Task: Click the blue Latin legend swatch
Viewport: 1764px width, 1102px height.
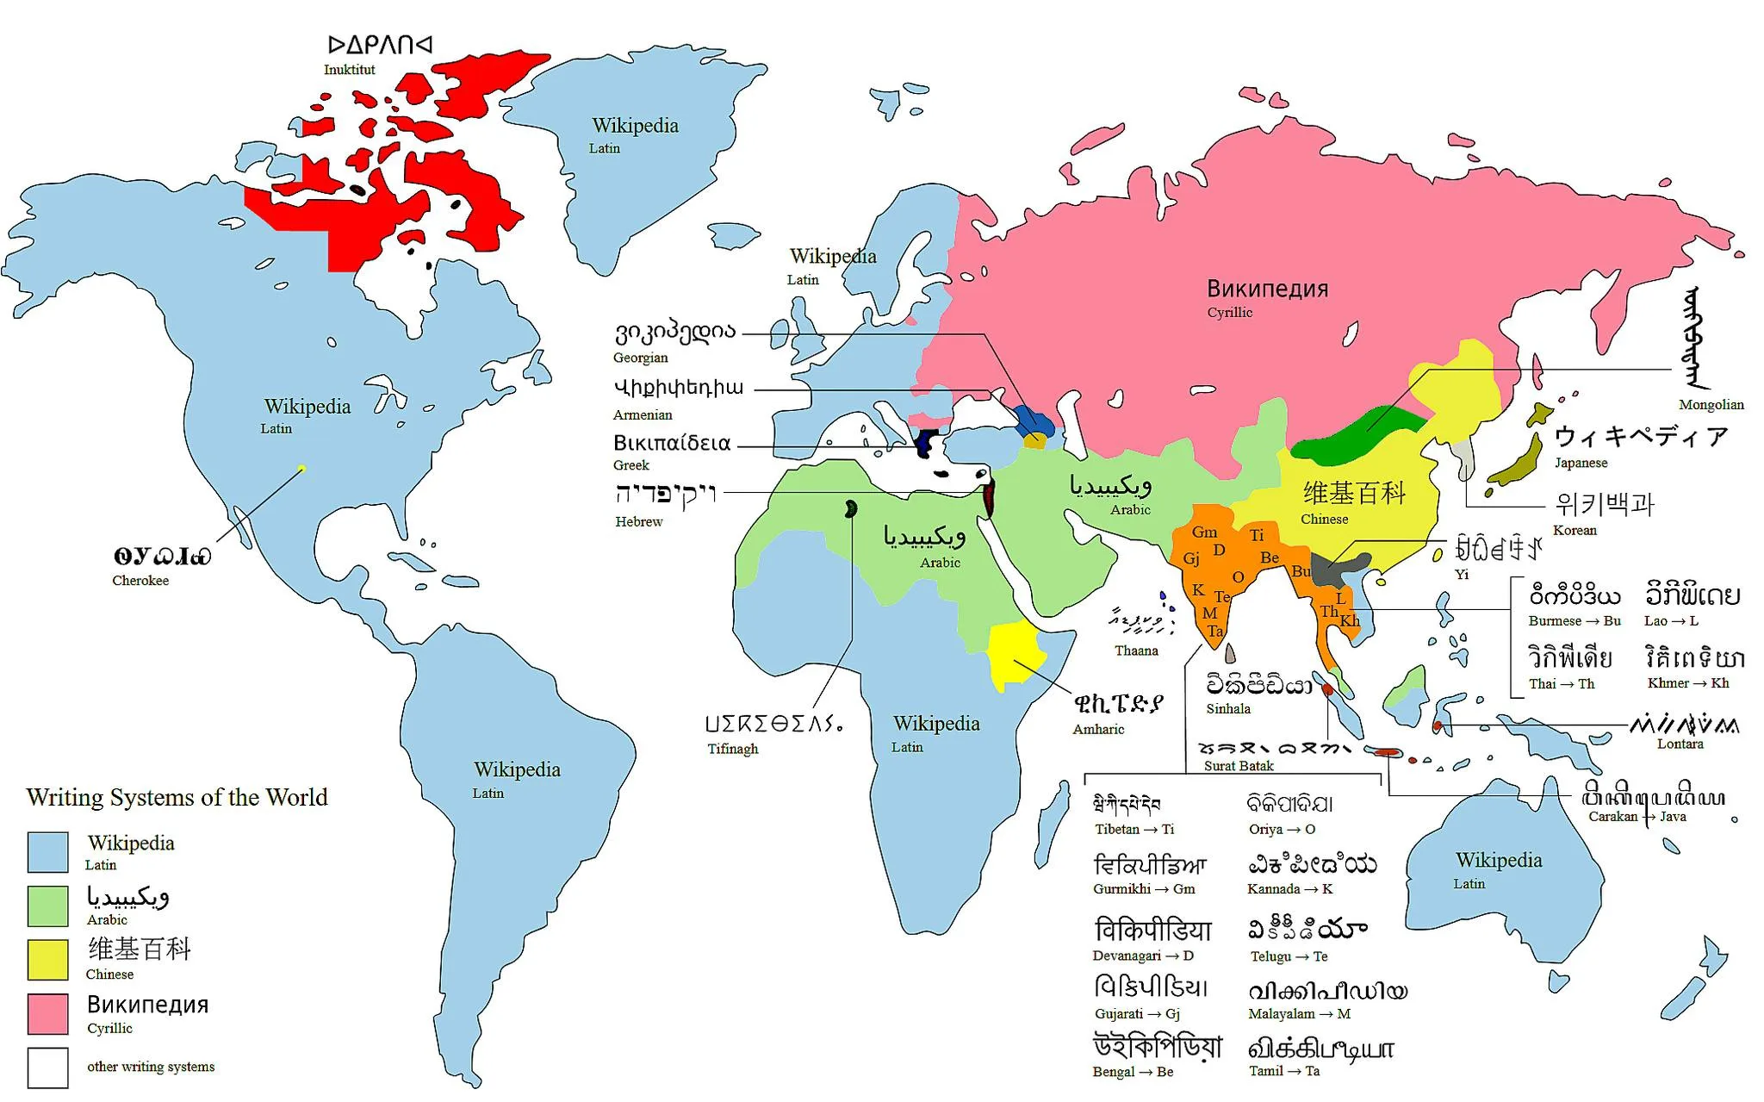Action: pyautogui.click(x=47, y=852)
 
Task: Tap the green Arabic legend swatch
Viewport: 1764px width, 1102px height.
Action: pyautogui.click(x=47, y=906)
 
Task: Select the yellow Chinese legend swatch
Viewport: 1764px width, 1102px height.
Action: pyautogui.click(x=47, y=959)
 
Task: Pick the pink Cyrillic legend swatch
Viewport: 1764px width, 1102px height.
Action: pyautogui.click(x=47, y=1013)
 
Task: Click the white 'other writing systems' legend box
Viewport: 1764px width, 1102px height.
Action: pyautogui.click(x=47, y=1068)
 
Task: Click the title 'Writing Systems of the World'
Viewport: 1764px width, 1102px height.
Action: pyautogui.click(x=177, y=797)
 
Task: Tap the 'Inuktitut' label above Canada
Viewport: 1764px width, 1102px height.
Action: pyautogui.click(x=349, y=70)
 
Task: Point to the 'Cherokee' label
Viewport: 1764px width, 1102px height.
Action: pyautogui.click(x=140, y=581)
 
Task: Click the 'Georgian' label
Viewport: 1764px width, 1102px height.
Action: pyautogui.click(x=640, y=358)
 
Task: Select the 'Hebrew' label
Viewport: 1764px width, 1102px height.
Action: pyautogui.click(x=638, y=521)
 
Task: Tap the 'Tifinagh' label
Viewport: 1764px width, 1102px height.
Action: pyautogui.click(x=733, y=749)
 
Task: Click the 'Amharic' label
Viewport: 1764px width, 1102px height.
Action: pyautogui.click(x=1098, y=729)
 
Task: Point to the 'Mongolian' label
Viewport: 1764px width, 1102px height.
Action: pyautogui.click(x=1711, y=404)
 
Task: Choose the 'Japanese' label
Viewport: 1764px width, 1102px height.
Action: pyautogui.click(x=1581, y=463)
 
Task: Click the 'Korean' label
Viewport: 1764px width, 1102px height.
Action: pyautogui.click(x=1575, y=530)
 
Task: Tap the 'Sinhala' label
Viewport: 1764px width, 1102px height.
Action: pyautogui.click(x=1228, y=709)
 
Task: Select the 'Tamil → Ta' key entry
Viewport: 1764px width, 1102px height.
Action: pyautogui.click(x=1284, y=1071)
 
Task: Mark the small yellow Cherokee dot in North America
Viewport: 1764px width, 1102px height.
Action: pyautogui.click(x=301, y=469)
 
